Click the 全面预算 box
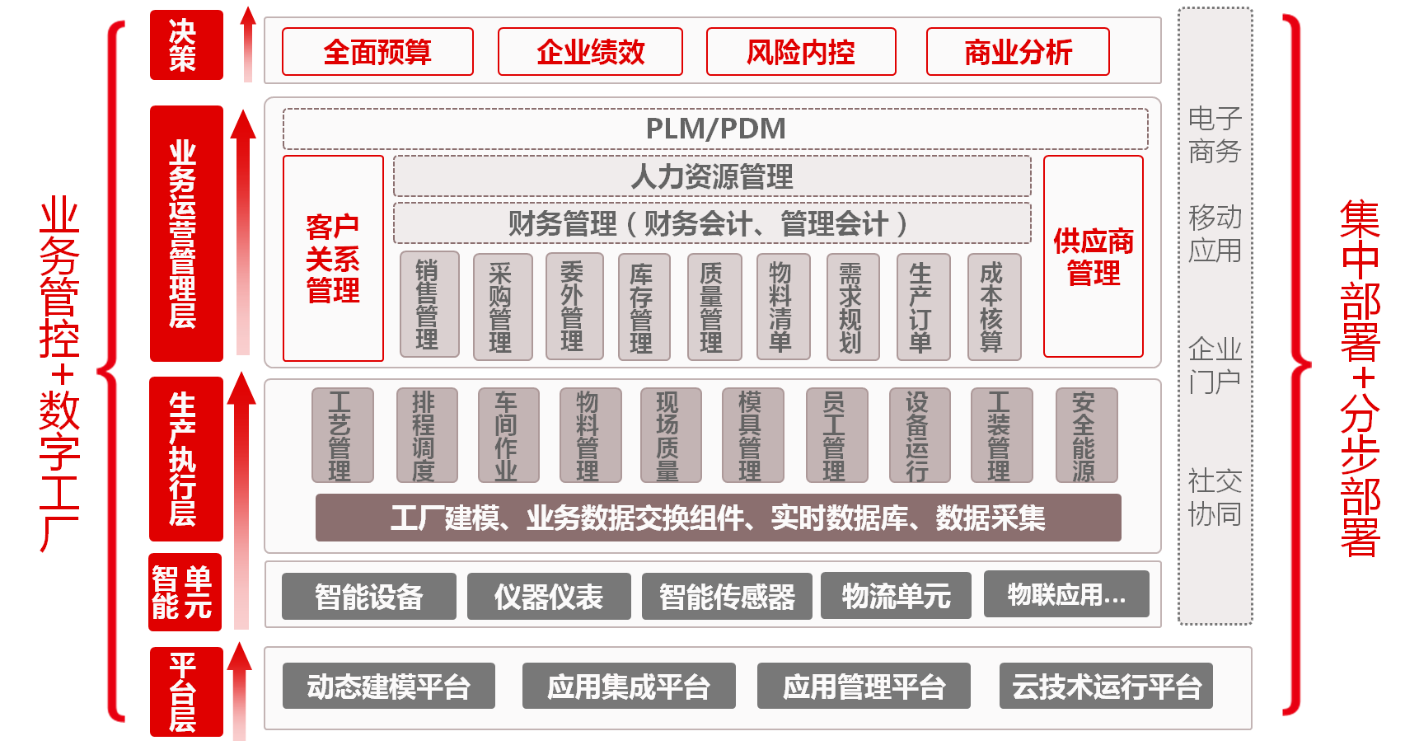pyautogui.click(x=377, y=52)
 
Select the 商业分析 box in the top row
pyautogui.click(x=1018, y=52)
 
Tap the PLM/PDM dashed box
pyautogui.click(x=715, y=129)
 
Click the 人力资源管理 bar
pyautogui.click(x=712, y=176)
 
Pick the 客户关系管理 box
pyautogui.click(x=333, y=259)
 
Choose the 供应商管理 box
pyautogui.click(x=1094, y=256)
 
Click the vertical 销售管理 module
pyautogui.click(x=429, y=305)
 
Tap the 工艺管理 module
pyautogui.click(x=342, y=435)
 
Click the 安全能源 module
pyautogui.click(x=1085, y=435)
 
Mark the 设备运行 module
pyautogui.click(x=919, y=435)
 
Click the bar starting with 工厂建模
pyautogui.click(x=718, y=518)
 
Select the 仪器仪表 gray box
pyautogui.click(x=549, y=596)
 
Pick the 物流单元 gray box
pyautogui.click(x=896, y=596)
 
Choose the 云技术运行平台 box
pyautogui.click(x=1106, y=686)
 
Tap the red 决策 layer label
pyautogui.click(x=186, y=45)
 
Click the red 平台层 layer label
pyautogui.click(x=186, y=691)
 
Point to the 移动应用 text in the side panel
pyautogui.click(x=1215, y=233)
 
